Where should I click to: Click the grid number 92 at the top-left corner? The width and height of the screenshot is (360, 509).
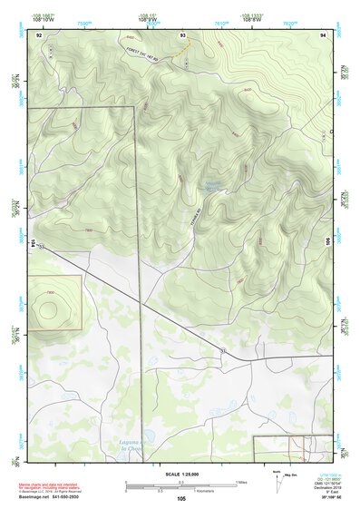tap(38, 34)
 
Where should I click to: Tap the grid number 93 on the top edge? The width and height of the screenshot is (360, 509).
tap(182, 34)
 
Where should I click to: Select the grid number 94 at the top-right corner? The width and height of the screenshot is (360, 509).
tap(323, 34)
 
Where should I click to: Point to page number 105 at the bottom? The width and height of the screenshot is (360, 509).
tap(180, 498)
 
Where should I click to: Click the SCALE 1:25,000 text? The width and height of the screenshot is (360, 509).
tap(180, 475)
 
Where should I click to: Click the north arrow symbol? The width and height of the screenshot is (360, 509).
tap(276, 478)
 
